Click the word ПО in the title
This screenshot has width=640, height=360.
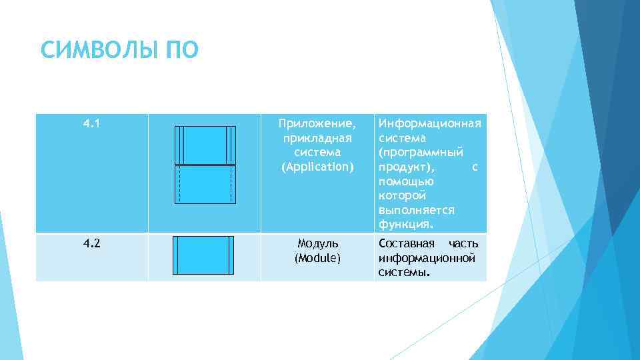[x=178, y=51]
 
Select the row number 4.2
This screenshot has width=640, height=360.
[x=92, y=243]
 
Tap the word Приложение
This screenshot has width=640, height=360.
[x=317, y=124]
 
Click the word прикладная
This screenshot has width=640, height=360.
[x=317, y=138]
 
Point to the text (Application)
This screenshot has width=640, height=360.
[x=317, y=166]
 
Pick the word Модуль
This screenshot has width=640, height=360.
[x=317, y=243]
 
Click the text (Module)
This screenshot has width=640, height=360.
[x=317, y=257]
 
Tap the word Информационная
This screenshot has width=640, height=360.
[x=429, y=124]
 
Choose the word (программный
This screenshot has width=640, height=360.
[x=421, y=152]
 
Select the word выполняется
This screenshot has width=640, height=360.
[x=417, y=209]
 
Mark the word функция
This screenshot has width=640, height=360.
[x=405, y=223]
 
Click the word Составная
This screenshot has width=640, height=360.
[x=406, y=243]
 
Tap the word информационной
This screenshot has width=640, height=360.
[x=427, y=257]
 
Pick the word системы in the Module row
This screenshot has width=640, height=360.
[x=403, y=272]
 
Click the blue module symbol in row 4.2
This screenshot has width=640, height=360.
[x=204, y=255]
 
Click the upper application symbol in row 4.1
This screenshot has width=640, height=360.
[x=205, y=145]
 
